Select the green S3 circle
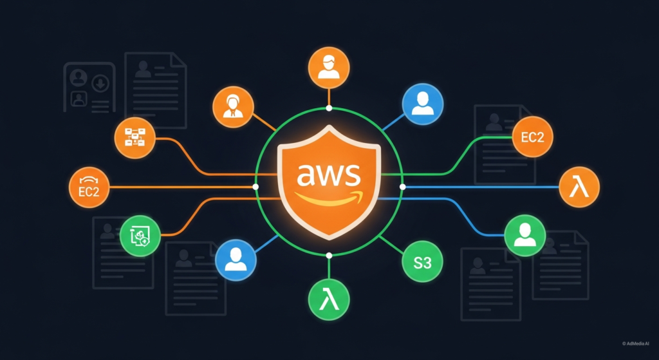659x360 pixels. point(420,262)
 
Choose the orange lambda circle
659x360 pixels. point(579,188)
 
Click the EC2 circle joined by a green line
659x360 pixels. point(533,137)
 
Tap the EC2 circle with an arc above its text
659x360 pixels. point(89,189)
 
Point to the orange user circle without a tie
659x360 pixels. point(329,67)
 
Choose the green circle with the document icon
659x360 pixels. point(140,236)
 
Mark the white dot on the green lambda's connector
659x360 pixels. point(329,256)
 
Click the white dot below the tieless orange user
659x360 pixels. point(329,108)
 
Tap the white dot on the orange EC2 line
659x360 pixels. point(256,187)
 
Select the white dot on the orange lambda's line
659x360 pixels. point(403,187)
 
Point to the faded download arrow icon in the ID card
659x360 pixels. point(100,82)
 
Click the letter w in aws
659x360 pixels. point(329,174)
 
